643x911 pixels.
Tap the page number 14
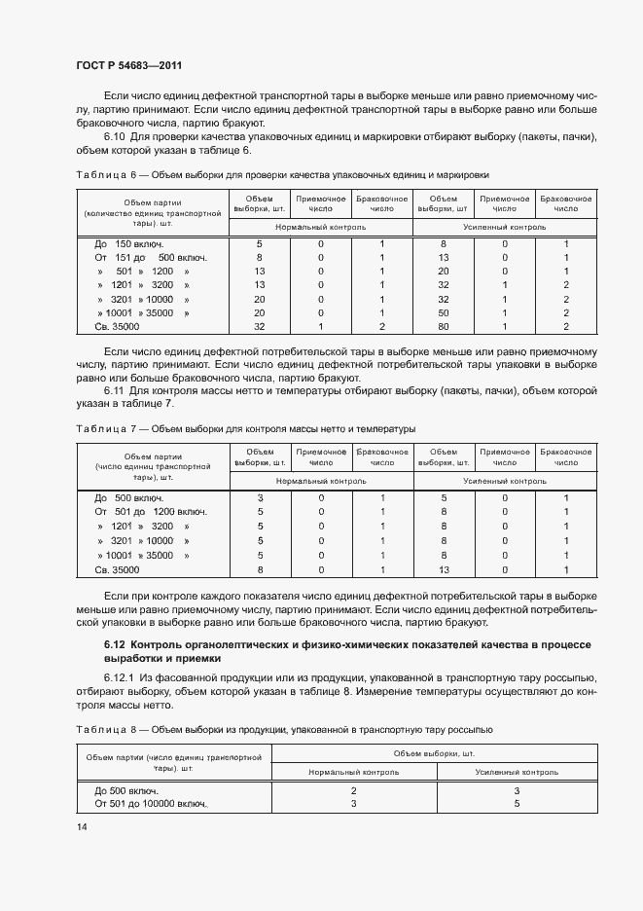pyautogui.click(x=81, y=826)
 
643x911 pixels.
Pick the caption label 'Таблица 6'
pyautogui.click(x=102, y=174)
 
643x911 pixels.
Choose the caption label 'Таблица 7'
pyautogui.click(x=102, y=427)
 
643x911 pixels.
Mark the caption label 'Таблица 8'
pyautogui.click(x=102, y=728)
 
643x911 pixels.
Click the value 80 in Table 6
pyautogui.click(x=443, y=327)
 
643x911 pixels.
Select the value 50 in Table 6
pyautogui.click(x=443, y=313)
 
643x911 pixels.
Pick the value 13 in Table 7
pyautogui.click(x=443, y=569)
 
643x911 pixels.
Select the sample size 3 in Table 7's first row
pyautogui.click(x=260, y=498)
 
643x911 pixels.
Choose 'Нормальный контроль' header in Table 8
pyautogui.click(x=353, y=771)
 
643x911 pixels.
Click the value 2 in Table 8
pyautogui.click(x=353, y=790)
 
